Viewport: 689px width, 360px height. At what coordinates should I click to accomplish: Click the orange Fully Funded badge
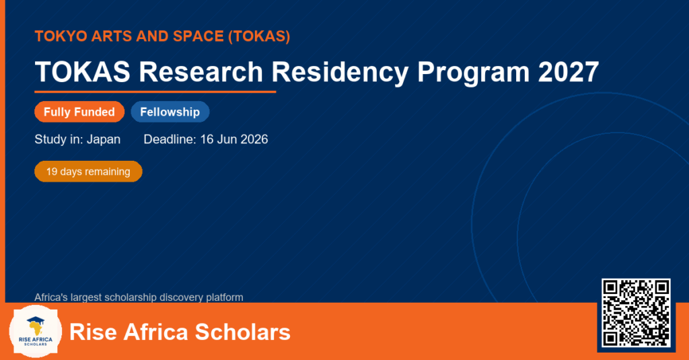[x=79, y=112]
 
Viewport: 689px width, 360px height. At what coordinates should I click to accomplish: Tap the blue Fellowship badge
[x=170, y=112]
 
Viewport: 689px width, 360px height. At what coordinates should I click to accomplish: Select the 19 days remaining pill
[x=88, y=172]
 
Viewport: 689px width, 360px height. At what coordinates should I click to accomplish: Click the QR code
[x=636, y=313]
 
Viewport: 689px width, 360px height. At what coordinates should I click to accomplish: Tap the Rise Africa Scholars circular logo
[x=36, y=332]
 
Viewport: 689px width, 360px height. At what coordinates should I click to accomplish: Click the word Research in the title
[x=201, y=71]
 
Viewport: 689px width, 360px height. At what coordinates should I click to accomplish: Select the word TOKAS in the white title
[x=83, y=71]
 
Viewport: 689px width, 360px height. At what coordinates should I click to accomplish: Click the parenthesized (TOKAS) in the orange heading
[x=259, y=36]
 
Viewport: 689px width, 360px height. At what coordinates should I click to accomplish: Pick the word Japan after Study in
[x=103, y=140]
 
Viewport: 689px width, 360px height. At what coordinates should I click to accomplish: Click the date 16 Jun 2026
[x=233, y=139]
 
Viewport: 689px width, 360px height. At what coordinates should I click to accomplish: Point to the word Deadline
[x=170, y=139]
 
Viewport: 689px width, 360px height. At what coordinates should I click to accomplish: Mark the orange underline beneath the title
[x=155, y=92]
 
